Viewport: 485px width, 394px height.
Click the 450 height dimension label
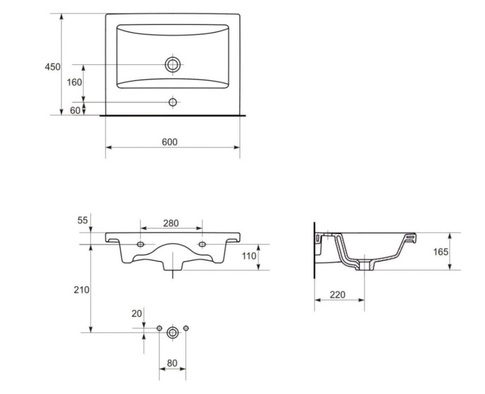[53, 67]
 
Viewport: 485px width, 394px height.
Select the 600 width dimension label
[170, 142]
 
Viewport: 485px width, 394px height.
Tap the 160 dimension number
[75, 82]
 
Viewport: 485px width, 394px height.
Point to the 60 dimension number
[75, 110]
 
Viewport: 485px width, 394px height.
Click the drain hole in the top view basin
[173, 65]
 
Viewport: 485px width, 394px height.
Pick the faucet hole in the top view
[173, 102]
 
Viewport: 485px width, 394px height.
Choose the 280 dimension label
[171, 223]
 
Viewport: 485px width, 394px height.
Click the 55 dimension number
[82, 220]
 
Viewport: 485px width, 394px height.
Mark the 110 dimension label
[249, 256]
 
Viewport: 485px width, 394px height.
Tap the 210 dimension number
[81, 290]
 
